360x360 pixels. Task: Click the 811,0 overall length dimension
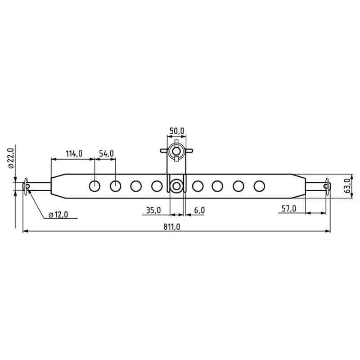[172, 227]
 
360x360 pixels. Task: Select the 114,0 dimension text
[74, 153]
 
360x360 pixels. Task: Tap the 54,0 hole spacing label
[106, 153]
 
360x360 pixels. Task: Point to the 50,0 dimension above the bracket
[177, 131]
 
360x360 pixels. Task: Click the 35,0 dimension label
[153, 210]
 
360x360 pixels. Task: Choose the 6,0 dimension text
[199, 210]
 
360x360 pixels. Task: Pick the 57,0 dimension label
[289, 209]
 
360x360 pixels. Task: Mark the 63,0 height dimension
[348, 186]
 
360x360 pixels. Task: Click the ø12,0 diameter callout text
[58, 215]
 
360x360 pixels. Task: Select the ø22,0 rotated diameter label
[11, 158]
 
